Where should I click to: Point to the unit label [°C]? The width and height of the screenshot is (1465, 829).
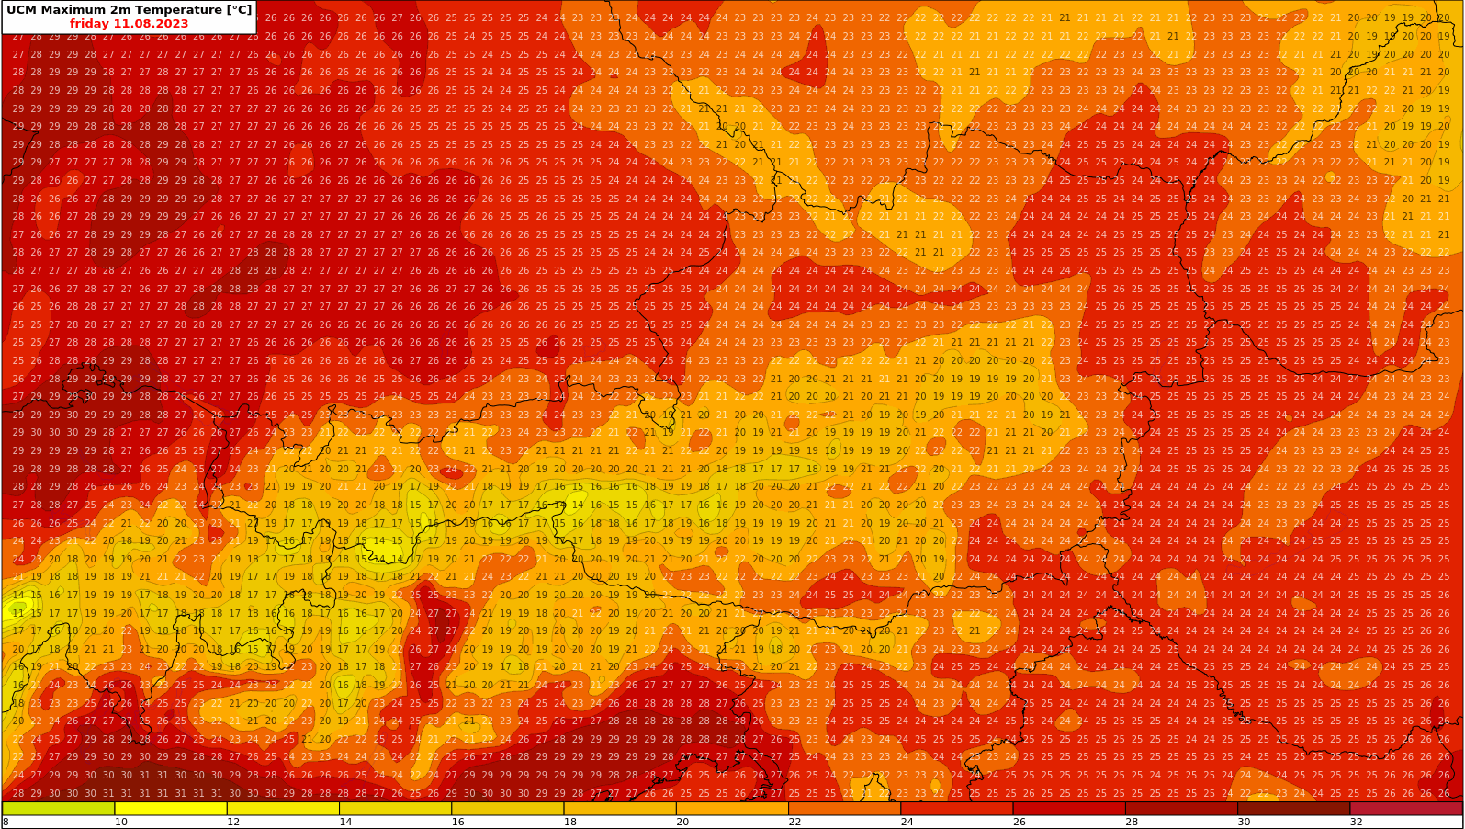click(x=233, y=10)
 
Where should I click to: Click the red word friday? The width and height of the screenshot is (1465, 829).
click(x=89, y=24)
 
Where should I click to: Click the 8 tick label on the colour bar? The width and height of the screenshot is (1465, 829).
click(x=6, y=822)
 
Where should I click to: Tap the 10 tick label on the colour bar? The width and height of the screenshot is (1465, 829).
click(x=121, y=822)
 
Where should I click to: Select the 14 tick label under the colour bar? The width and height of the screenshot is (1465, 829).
click(x=345, y=822)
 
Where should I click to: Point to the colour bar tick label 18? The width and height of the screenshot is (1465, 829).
click(x=570, y=822)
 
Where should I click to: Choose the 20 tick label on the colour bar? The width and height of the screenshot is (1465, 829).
click(x=682, y=822)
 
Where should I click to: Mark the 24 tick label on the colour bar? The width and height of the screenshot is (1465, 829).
click(x=907, y=822)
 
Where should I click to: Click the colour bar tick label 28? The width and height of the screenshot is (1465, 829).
click(x=1132, y=822)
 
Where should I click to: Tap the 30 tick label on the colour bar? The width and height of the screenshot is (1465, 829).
click(x=1244, y=822)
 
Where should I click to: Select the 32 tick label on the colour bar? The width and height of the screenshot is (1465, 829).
click(x=1356, y=822)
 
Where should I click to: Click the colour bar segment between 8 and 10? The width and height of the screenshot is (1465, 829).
click(x=59, y=809)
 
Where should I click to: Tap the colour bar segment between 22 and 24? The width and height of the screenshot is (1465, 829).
click(x=844, y=809)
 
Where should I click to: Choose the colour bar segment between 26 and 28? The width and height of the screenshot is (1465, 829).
click(x=1069, y=809)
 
